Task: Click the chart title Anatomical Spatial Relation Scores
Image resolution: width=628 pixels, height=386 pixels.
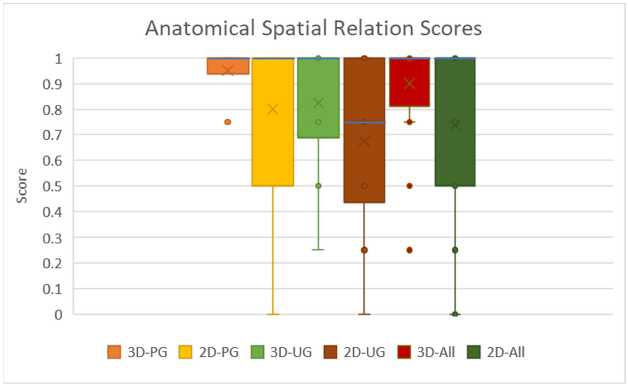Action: click(313, 28)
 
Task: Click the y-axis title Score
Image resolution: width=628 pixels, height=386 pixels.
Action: click(22, 185)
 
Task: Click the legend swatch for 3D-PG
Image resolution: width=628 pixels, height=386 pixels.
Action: click(114, 352)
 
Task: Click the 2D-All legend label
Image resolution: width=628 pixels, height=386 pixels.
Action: click(505, 352)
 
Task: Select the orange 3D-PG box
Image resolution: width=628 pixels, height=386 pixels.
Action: click(228, 66)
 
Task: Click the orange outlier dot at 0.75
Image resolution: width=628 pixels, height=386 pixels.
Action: click(228, 122)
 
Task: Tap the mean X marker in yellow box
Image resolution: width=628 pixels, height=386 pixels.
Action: click(273, 110)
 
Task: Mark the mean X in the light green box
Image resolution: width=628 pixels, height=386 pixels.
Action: click(318, 103)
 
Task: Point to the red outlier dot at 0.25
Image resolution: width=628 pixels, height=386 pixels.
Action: click(409, 250)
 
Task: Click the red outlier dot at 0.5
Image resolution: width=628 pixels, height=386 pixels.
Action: click(409, 186)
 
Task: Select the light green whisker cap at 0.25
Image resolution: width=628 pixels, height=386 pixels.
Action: click(318, 249)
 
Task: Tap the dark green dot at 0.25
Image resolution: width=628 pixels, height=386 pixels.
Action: click(455, 250)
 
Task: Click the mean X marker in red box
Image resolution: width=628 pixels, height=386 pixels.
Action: click(409, 84)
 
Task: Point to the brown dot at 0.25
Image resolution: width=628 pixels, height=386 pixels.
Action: click(364, 250)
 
